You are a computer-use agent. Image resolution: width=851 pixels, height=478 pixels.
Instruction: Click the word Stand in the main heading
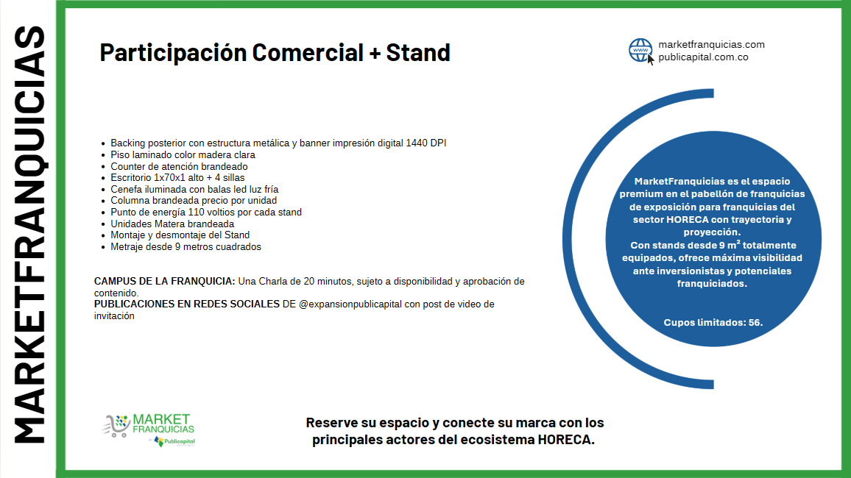418,52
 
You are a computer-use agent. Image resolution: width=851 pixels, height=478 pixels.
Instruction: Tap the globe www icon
641,51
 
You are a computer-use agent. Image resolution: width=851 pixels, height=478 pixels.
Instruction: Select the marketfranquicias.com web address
712,44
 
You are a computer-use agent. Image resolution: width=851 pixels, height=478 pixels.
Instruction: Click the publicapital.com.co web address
703,57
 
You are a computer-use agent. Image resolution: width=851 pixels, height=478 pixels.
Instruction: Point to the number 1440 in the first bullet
417,143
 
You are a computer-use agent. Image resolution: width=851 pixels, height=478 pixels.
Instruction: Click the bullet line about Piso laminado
183,155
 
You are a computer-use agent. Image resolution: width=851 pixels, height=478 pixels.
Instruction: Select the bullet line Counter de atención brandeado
179,166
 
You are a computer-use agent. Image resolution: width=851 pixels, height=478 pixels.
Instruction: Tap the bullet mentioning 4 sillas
177,178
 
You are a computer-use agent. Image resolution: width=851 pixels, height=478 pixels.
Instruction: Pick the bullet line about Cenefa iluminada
194,189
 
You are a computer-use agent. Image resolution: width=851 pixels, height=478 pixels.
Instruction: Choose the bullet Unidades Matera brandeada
172,224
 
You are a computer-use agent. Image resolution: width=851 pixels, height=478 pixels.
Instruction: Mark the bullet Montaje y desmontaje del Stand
180,235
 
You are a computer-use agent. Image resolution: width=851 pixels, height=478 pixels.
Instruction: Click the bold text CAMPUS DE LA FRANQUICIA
164,281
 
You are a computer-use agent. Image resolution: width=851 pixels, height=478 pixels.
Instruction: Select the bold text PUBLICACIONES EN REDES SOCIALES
187,304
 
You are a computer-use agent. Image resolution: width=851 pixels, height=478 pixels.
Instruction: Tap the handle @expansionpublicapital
350,304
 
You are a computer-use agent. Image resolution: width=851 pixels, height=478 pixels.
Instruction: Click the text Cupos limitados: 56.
713,322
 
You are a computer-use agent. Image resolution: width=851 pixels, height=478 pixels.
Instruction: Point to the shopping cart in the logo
116,426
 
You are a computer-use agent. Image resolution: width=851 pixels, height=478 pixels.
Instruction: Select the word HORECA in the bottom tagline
564,440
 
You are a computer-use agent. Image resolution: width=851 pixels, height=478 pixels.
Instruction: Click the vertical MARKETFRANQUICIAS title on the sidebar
29,235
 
